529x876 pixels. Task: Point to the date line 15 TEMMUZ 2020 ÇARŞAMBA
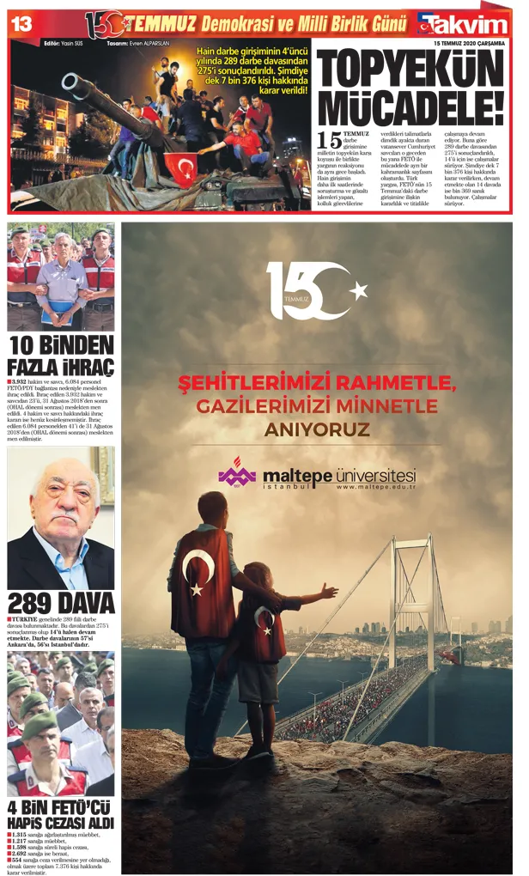point(469,42)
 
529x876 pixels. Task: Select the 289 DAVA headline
point(60,603)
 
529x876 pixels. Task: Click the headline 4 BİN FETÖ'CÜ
point(60,808)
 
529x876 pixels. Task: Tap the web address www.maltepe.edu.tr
point(376,487)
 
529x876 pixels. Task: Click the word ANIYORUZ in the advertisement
point(317,429)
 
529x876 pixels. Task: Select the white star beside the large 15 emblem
point(357,288)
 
